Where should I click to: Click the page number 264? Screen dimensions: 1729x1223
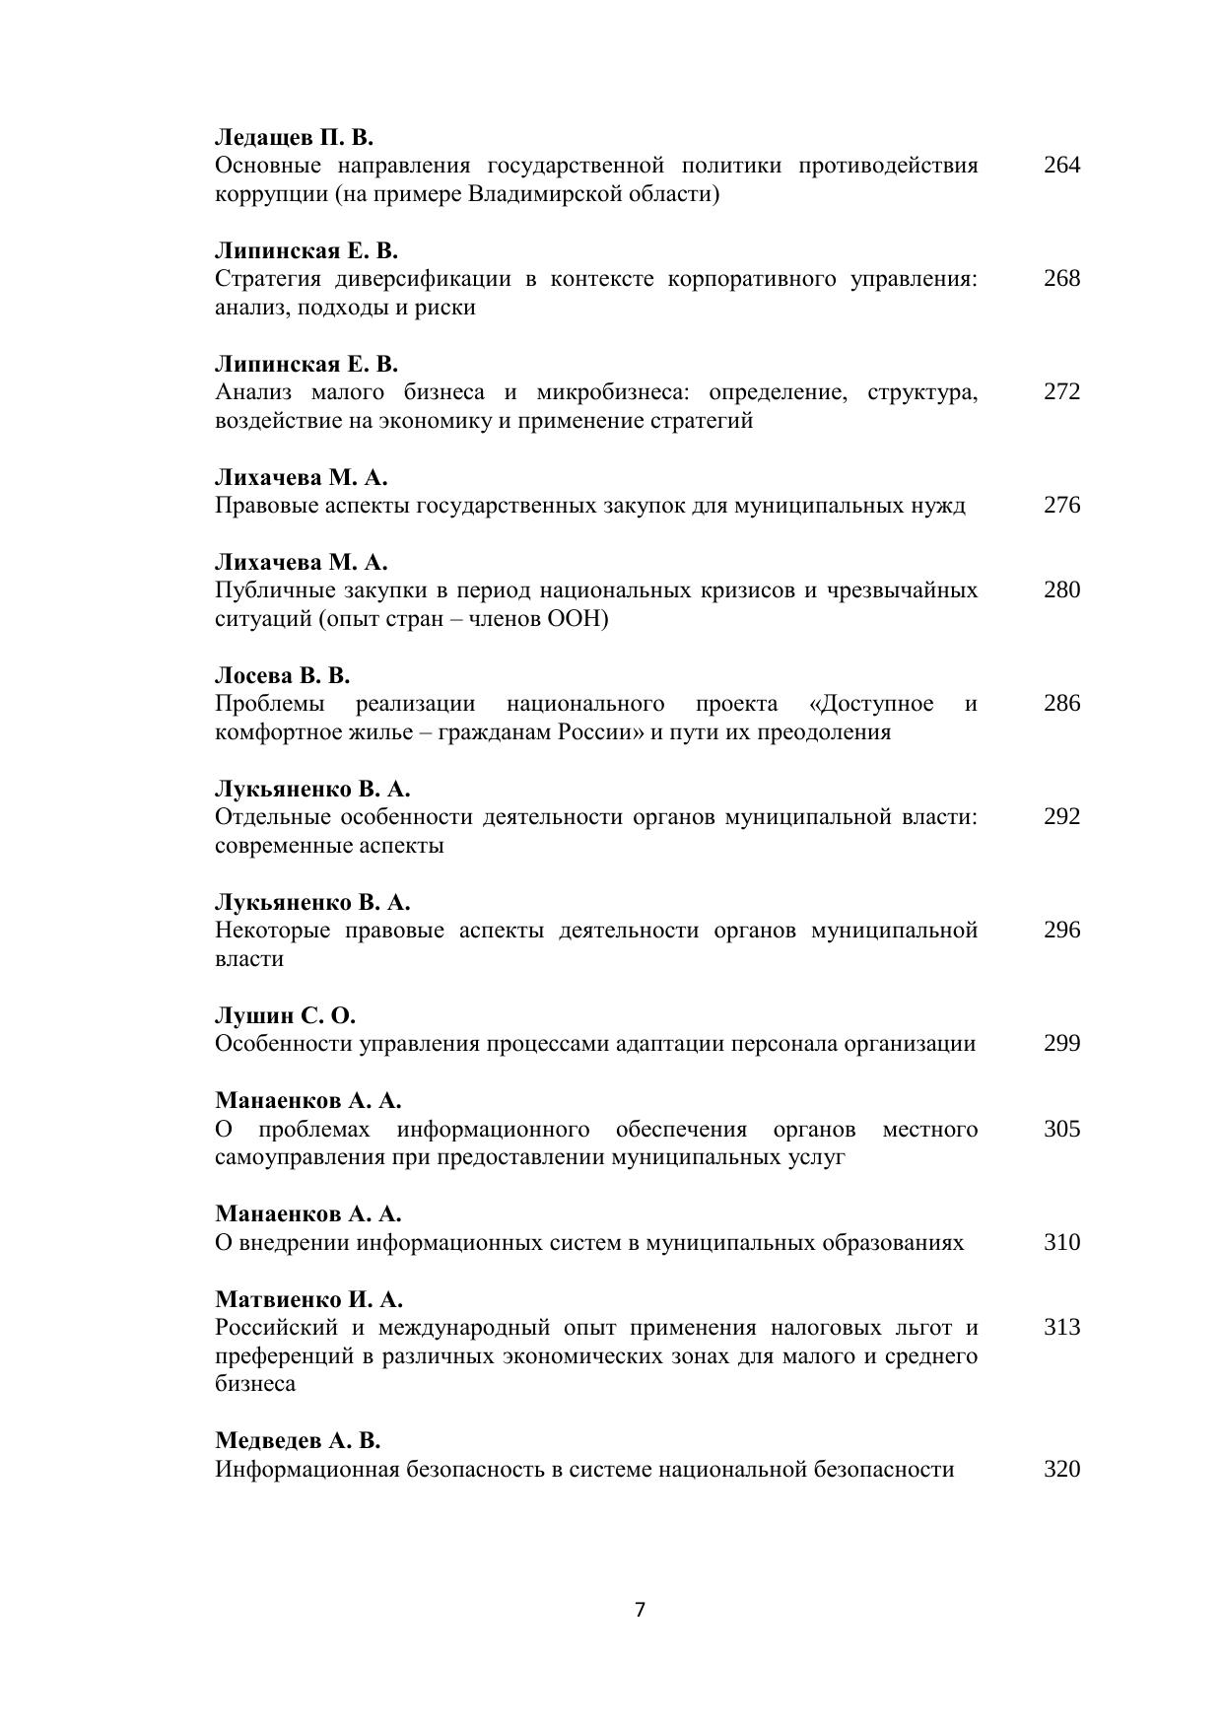(1061, 165)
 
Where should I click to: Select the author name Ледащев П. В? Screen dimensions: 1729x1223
(294, 137)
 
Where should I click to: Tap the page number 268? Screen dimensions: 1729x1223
(1061, 278)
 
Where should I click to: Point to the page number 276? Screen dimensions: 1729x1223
(1061, 505)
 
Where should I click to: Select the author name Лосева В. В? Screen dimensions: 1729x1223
(283, 676)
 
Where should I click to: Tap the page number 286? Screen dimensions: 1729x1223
(1061, 703)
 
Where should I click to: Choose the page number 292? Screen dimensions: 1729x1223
(1061, 816)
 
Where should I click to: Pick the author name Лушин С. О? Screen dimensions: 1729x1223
(285, 1016)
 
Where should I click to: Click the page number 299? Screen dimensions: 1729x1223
(1061, 1043)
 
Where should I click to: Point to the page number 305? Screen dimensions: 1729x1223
(1061, 1129)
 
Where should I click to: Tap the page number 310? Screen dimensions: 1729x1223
(1061, 1242)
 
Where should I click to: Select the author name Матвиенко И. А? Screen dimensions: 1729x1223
(308, 1299)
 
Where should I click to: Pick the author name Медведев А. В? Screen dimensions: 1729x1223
(298, 1441)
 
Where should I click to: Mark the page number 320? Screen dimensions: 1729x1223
(1061, 1469)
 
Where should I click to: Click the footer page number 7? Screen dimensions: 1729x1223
(640, 1610)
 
